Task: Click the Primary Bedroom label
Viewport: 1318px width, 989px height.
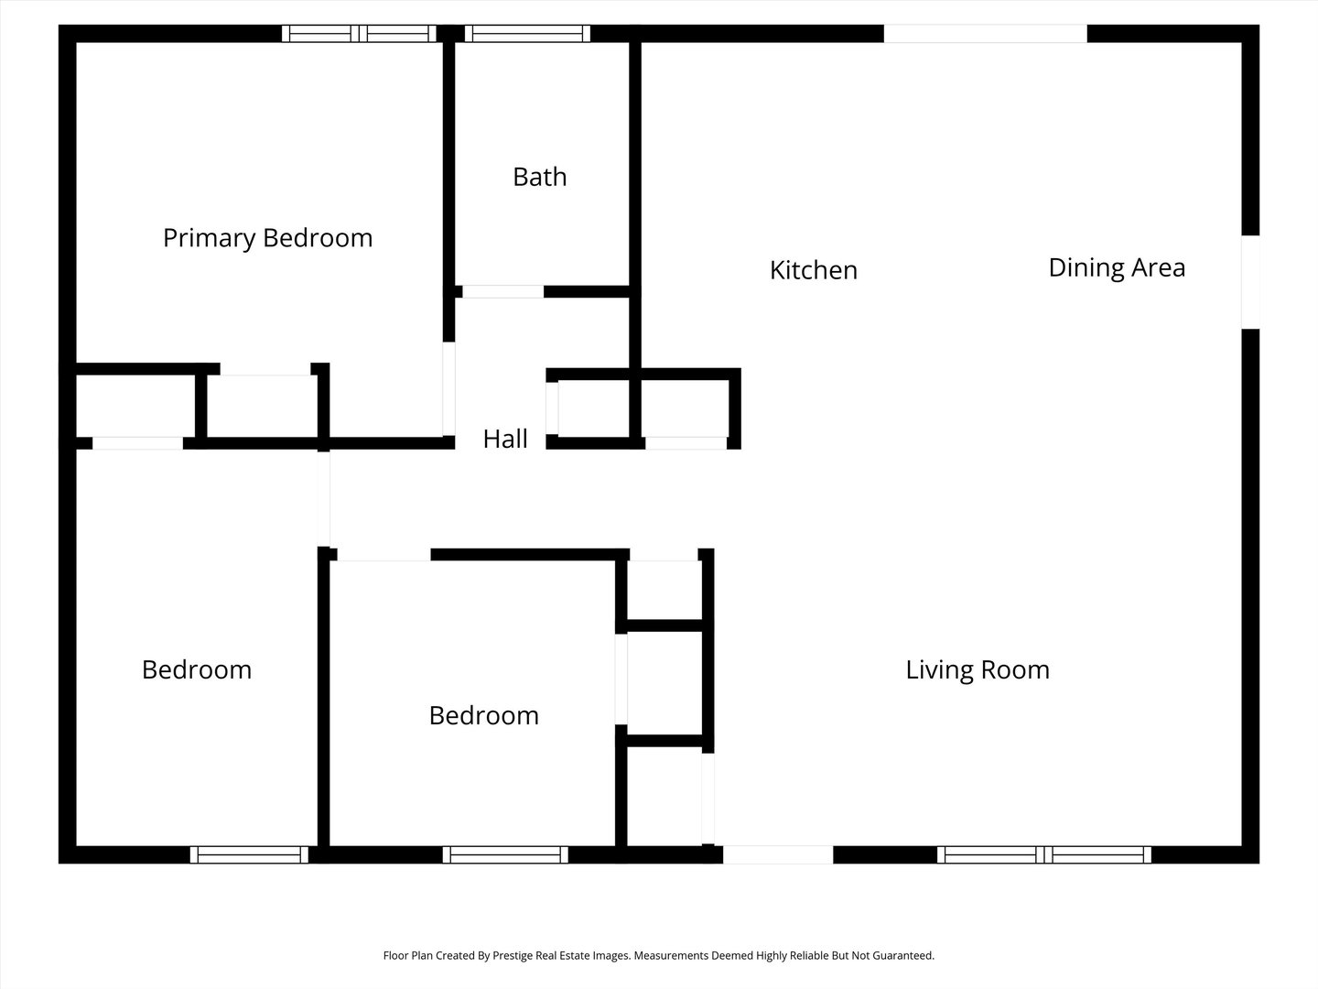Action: (x=268, y=238)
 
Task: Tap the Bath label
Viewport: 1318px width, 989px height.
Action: (x=540, y=177)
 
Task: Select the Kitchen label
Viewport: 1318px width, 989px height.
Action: (x=814, y=270)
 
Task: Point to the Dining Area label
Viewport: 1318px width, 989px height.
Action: (x=1117, y=268)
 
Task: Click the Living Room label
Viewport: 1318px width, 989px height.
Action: (x=978, y=670)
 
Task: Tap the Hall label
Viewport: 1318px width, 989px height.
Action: (x=505, y=439)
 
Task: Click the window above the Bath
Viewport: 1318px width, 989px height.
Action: (x=527, y=34)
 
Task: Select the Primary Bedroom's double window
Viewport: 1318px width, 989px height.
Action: (x=359, y=34)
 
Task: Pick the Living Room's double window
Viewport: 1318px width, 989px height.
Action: (x=1044, y=854)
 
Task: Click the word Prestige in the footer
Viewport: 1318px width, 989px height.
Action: (x=513, y=956)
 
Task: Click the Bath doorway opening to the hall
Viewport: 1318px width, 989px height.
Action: (x=502, y=292)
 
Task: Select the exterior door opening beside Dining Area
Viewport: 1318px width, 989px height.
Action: (x=1250, y=282)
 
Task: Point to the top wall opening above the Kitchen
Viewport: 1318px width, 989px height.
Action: (x=986, y=34)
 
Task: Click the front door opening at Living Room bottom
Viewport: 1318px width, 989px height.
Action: (x=778, y=854)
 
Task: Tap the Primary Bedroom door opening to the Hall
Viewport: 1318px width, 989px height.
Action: (x=448, y=389)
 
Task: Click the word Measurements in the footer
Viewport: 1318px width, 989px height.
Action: (x=672, y=955)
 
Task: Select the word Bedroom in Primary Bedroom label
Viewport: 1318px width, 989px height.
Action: (x=319, y=238)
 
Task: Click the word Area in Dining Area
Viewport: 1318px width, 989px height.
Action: (x=1159, y=268)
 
